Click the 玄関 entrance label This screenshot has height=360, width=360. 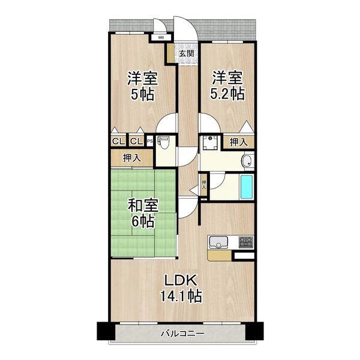(x=186, y=53)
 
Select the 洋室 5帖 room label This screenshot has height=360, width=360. (x=142, y=86)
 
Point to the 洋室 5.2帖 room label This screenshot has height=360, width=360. (x=227, y=86)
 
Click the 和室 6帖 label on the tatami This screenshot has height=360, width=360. (x=143, y=213)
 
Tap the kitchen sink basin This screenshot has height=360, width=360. (x=218, y=243)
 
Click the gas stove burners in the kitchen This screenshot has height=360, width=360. (x=246, y=243)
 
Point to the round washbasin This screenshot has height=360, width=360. (x=246, y=160)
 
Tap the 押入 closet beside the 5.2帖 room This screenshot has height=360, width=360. (x=238, y=142)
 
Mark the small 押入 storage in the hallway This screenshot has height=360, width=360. (x=204, y=184)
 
